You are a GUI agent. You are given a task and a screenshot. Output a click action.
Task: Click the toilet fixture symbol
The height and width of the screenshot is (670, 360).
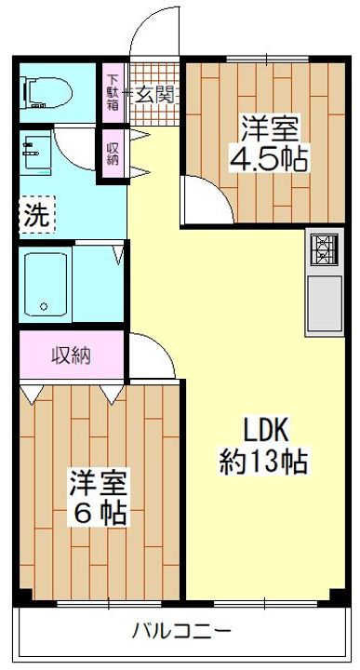click(x=47, y=93)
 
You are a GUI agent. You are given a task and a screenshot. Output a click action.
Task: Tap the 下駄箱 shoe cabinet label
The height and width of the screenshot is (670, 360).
click(x=113, y=92)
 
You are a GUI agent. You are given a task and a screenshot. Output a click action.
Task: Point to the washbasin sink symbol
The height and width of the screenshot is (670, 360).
click(x=36, y=153)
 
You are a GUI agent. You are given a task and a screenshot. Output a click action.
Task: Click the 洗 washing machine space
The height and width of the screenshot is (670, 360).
click(x=37, y=215)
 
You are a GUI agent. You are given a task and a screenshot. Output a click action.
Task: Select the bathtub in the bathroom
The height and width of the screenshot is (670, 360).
click(x=46, y=284)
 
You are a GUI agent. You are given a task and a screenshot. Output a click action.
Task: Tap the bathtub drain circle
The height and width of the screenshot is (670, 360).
click(x=44, y=306)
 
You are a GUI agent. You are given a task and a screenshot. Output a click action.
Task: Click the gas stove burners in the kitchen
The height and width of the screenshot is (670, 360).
click(x=324, y=250)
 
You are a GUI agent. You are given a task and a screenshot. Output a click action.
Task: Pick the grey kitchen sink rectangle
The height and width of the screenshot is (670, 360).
click(x=324, y=303)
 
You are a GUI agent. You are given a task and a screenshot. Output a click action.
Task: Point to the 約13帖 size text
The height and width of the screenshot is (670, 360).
click(x=263, y=461)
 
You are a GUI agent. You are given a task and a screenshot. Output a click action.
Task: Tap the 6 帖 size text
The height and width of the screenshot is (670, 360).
click(x=100, y=513)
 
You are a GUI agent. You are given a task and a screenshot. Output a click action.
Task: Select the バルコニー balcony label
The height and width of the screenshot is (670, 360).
click(x=181, y=630)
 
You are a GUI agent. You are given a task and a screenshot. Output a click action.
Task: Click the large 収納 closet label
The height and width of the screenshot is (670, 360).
click(x=72, y=355)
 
